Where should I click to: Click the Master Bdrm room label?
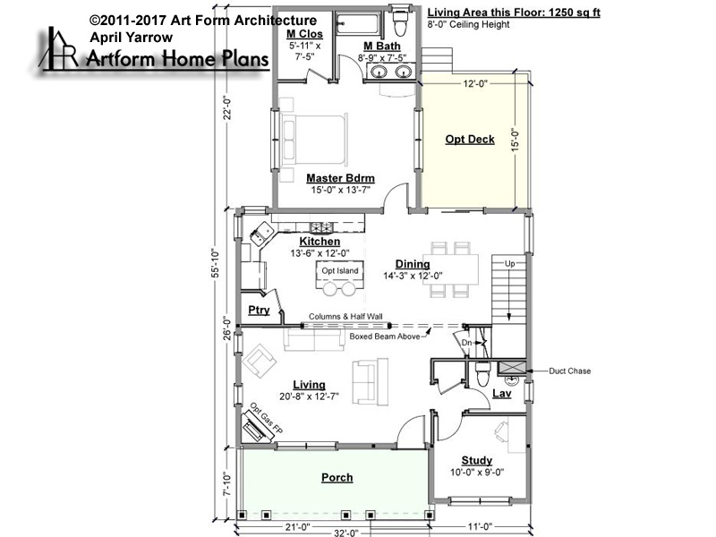tap(340, 178)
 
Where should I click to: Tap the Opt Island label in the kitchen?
tap(340, 271)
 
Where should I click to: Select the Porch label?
tap(337, 478)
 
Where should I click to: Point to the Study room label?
tap(477, 460)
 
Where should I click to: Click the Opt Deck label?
tap(470, 140)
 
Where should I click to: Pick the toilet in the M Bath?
tap(400, 23)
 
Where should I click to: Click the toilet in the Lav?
tap(482, 374)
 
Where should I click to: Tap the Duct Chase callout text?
tap(569, 371)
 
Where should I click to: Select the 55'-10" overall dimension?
tap(216, 263)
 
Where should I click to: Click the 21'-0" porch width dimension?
tap(297, 527)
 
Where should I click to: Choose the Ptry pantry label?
tap(259, 311)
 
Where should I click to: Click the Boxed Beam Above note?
tap(385, 337)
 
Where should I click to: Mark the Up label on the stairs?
tap(509, 263)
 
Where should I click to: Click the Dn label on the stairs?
tap(466, 343)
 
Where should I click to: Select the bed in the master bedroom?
tap(314, 140)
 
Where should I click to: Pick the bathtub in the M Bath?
tap(357, 23)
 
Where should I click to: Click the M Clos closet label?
tap(304, 34)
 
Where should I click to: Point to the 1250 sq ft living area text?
tap(574, 13)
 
